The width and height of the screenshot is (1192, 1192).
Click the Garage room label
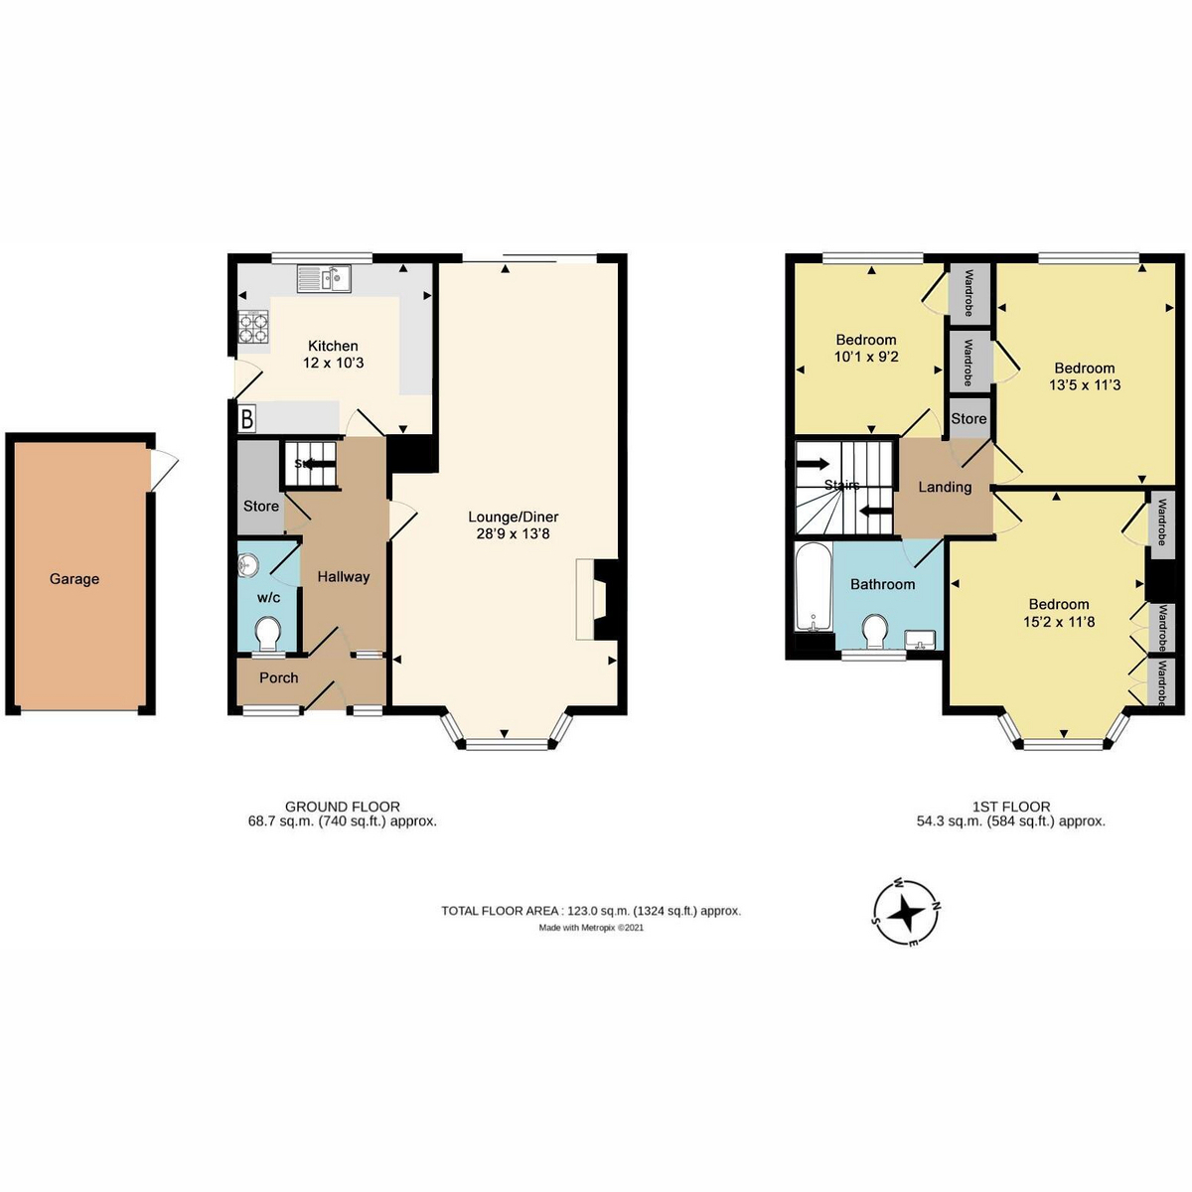tap(74, 579)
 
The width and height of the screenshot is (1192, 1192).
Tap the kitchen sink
tap(324, 278)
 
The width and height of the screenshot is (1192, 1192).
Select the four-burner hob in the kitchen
tap(253, 326)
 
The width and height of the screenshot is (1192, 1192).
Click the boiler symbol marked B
tap(246, 419)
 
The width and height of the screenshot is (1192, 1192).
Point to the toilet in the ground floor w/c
tap(268, 634)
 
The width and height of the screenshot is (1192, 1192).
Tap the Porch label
tap(279, 678)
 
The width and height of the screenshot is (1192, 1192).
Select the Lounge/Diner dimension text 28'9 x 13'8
tap(513, 533)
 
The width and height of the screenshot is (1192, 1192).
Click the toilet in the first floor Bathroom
tap(875, 631)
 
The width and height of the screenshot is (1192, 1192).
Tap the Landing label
tap(945, 488)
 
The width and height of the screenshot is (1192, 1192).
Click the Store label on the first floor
tap(968, 419)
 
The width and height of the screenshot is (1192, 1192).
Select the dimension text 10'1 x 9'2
tap(866, 357)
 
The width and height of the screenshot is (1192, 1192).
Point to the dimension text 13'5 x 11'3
tap(1085, 384)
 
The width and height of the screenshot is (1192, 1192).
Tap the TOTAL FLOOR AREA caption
tap(591, 911)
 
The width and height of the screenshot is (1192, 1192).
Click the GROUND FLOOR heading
tap(342, 807)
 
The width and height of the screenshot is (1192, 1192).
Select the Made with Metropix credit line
tap(591, 927)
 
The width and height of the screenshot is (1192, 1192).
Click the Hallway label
tap(344, 577)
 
